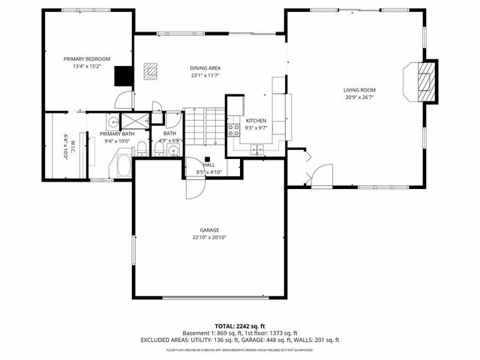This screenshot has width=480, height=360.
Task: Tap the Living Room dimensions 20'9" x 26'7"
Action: coord(359,97)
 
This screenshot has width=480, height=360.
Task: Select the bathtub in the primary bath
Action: coord(121,163)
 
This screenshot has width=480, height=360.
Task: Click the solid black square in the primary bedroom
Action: coord(122,76)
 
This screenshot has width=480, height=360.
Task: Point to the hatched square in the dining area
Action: coord(151,72)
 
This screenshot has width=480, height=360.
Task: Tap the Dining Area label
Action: coord(204,68)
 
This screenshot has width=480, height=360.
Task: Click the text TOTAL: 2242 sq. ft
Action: coord(239,326)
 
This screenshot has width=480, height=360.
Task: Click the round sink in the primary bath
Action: coord(112,122)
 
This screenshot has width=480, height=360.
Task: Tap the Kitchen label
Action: coord(256,121)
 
